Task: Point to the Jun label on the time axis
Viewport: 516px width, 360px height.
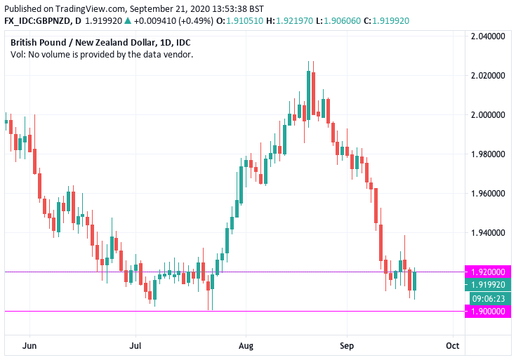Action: click(29, 345)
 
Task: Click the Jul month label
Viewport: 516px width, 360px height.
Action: click(136, 345)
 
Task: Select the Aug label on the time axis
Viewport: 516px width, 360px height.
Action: click(245, 345)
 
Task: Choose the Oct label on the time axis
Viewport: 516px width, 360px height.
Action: click(453, 345)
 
